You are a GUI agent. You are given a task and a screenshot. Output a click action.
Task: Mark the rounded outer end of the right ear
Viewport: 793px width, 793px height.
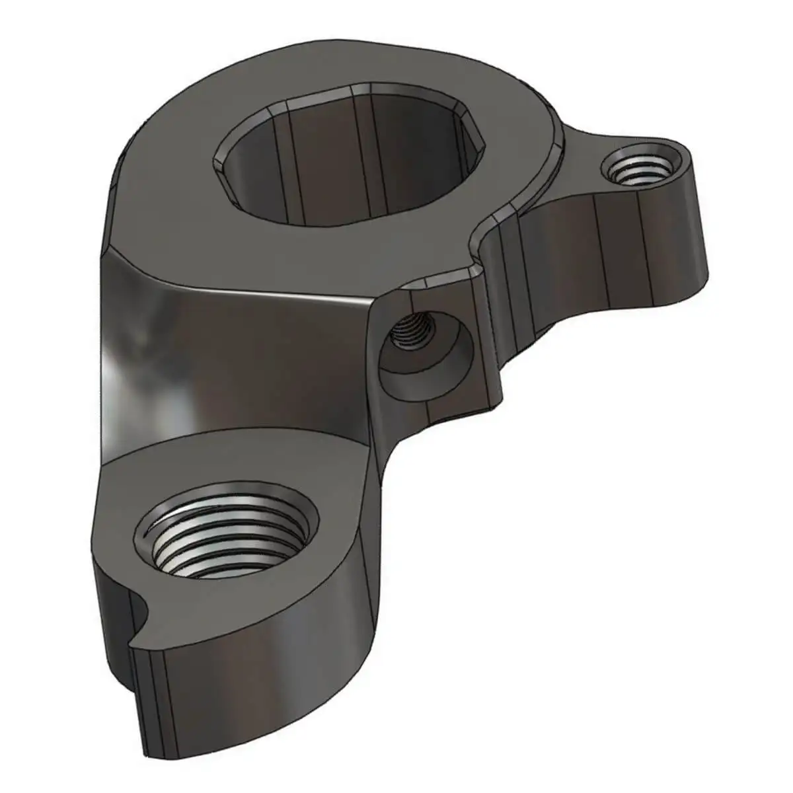697,218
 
